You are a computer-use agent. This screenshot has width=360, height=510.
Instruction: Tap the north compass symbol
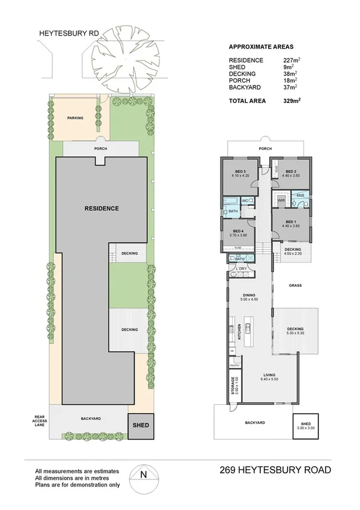click(142, 473)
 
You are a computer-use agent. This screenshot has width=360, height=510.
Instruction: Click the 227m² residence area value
click(291, 60)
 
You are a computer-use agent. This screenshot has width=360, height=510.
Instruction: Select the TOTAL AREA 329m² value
click(292, 101)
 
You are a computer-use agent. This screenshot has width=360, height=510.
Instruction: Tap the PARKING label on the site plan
click(75, 118)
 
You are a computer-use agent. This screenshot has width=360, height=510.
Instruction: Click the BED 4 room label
click(237, 233)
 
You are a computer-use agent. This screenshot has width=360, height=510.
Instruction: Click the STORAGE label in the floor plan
click(232, 385)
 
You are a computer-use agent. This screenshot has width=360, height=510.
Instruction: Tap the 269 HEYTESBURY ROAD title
click(275, 470)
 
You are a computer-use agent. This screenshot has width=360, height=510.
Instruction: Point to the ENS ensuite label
click(301, 195)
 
